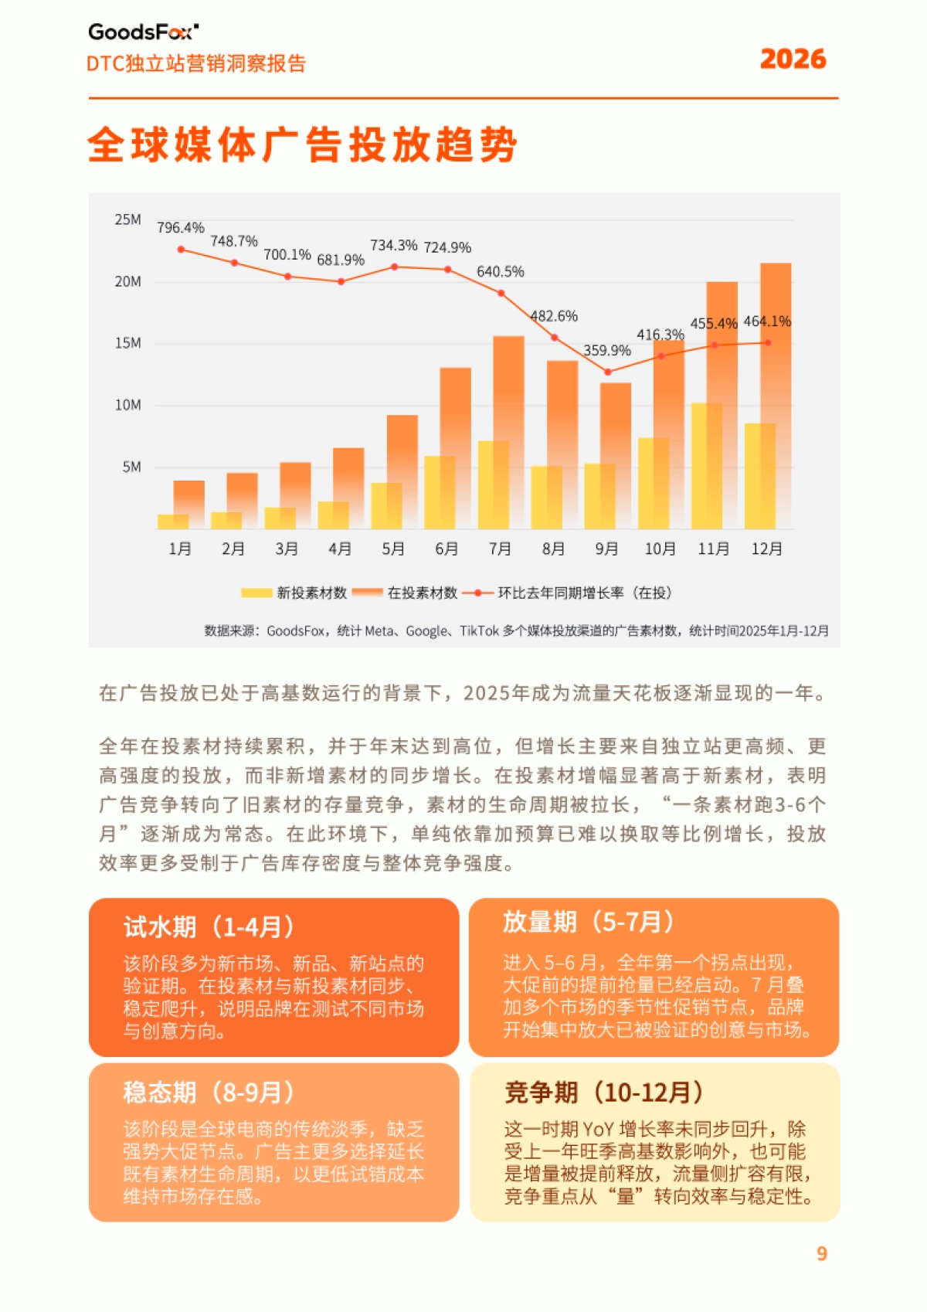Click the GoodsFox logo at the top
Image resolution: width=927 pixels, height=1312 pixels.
pos(144,32)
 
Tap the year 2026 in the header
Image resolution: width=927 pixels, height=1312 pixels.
pos(793,59)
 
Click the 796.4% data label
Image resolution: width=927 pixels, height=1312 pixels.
pos(180,228)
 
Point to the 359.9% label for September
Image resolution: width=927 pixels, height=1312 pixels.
pos(606,350)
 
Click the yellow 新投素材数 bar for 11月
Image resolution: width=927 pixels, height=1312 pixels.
pos(706,466)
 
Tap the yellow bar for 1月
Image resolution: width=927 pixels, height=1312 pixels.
pos(172,522)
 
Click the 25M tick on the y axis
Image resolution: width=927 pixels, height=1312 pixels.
pos(127,219)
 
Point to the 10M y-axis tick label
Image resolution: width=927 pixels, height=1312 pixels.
pos(127,405)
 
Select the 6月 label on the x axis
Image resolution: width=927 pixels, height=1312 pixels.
pos(447,549)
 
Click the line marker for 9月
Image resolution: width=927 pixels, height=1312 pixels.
pos(608,372)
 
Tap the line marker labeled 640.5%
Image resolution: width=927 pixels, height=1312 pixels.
pos(501,293)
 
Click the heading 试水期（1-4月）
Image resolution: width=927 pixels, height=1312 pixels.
pos(209,926)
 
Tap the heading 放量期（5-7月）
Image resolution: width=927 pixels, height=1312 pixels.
pos(588,922)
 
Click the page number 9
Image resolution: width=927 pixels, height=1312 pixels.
pos(822,1253)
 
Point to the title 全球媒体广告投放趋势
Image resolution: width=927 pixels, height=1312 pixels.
pos(302,144)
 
